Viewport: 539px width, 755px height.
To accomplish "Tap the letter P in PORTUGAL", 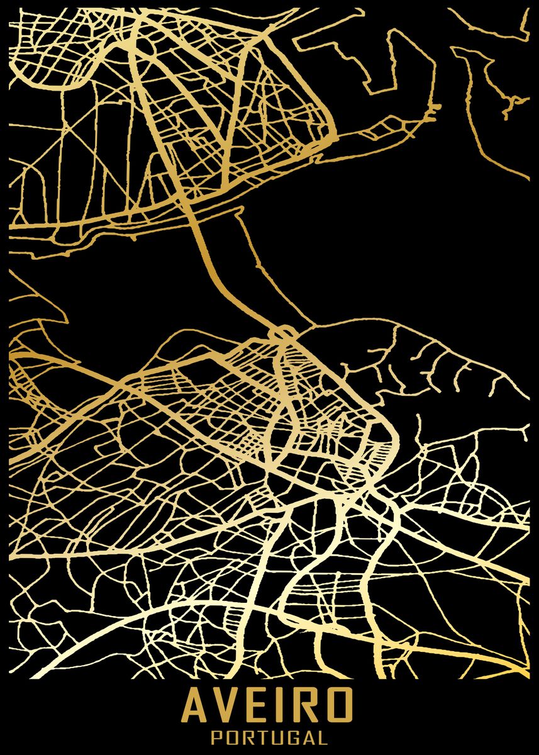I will point(216,737).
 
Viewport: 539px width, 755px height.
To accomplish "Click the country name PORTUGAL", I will point(270,737).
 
